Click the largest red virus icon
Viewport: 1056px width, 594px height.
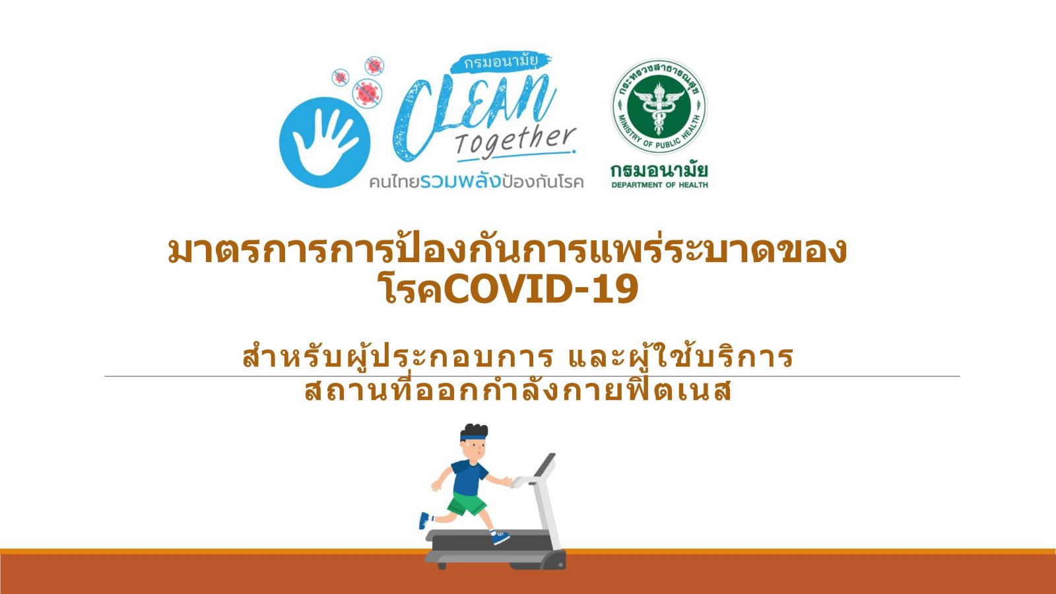click(x=367, y=92)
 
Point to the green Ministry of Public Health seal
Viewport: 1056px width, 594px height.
click(x=659, y=106)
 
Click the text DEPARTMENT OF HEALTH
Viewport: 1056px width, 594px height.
click(x=659, y=185)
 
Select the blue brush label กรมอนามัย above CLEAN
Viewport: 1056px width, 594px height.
click(x=501, y=62)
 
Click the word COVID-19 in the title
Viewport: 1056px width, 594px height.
click(x=541, y=289)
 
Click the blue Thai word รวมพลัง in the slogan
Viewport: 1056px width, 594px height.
click(x=459, y=181)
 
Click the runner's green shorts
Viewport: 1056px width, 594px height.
click(x=466, y=503)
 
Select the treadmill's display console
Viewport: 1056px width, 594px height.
click(x=545, y=465)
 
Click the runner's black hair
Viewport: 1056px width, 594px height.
click(x=475, y=430)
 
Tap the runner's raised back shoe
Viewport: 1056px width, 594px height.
click(x=425, y=521)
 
